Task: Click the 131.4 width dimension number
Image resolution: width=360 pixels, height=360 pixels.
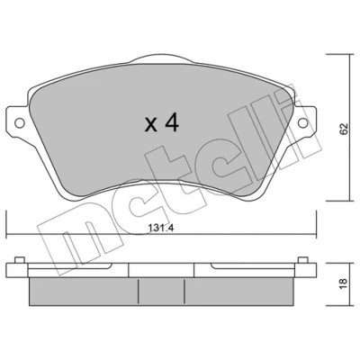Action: (161, 229)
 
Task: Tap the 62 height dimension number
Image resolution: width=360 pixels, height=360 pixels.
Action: (344, 129)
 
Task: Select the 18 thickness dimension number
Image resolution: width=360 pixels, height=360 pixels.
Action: (344, 283)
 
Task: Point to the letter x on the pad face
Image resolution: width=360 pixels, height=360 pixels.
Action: (150, 125)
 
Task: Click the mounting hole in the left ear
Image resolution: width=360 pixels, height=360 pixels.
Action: (20, 122)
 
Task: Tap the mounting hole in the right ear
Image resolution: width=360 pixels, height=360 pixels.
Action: (302, 122)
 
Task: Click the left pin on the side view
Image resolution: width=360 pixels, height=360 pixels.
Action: (20, 260)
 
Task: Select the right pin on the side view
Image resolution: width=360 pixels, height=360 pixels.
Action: (302, 260)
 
